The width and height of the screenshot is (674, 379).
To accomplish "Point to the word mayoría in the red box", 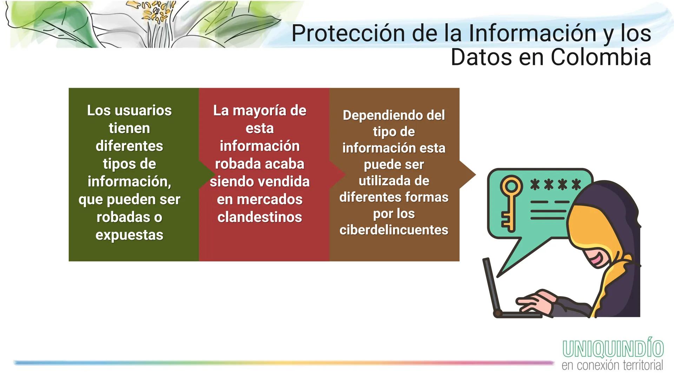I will click(x=259, y=111).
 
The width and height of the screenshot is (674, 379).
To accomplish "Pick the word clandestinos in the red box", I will click(x=259, y=217).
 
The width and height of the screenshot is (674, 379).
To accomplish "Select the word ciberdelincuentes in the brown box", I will click(x=394, y=230).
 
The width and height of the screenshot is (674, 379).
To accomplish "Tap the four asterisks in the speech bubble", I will click(x=555, y=184).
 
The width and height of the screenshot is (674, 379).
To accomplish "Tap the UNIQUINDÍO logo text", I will click(x=613, y=348).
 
